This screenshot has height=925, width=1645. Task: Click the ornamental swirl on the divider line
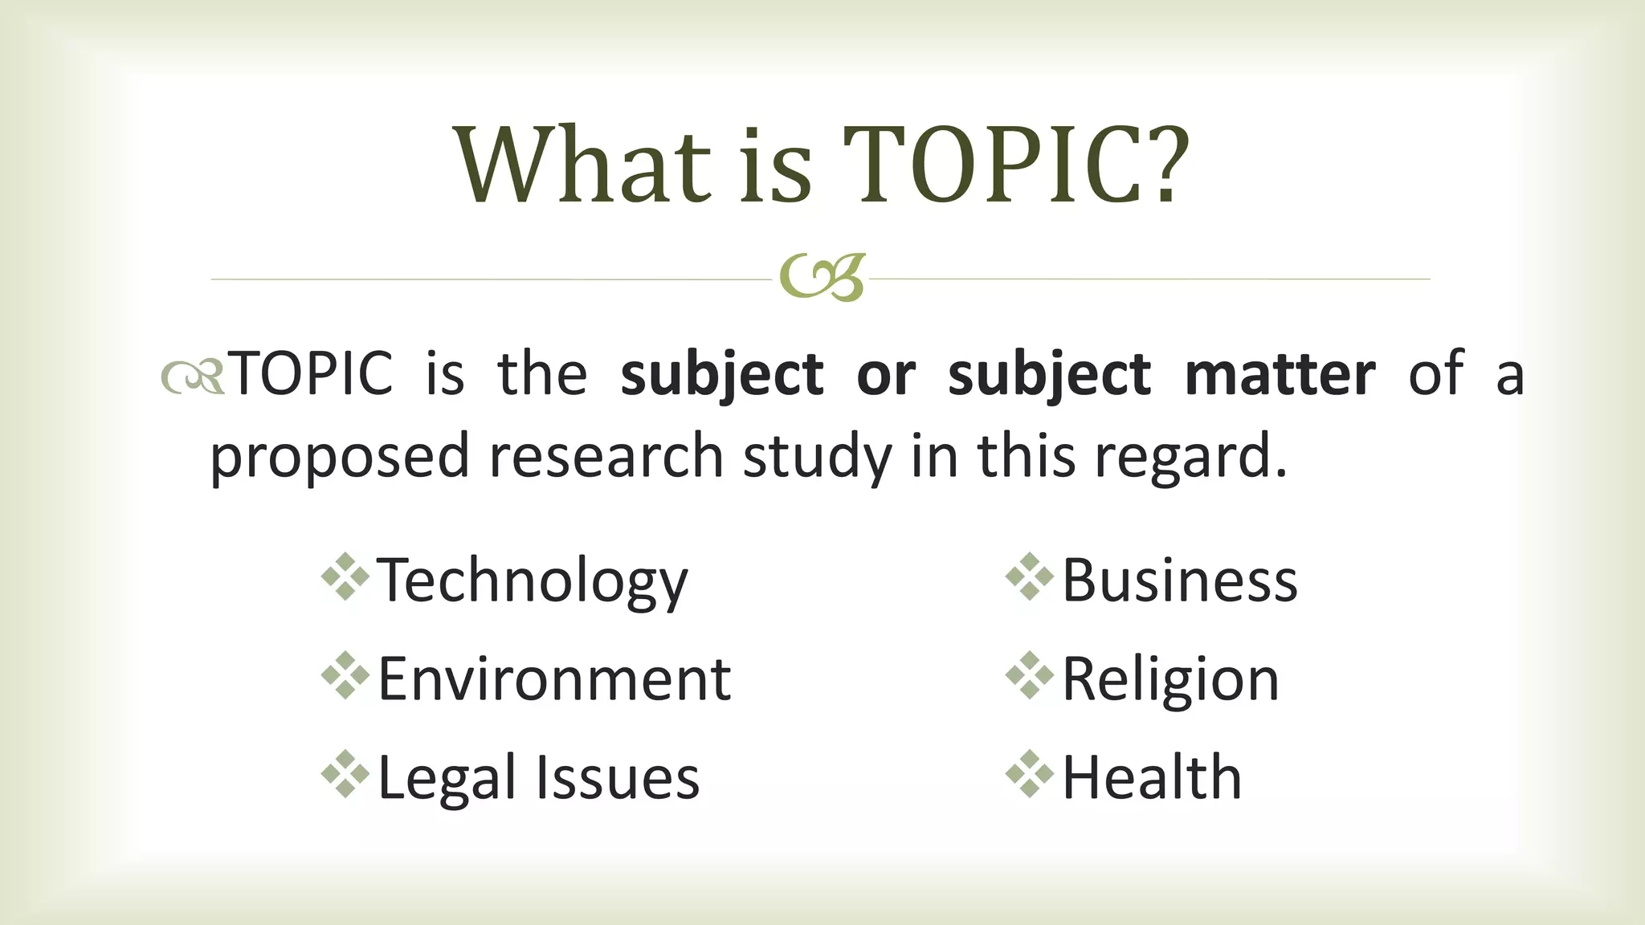tap(822, 278)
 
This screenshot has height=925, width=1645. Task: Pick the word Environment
tap(554, 679)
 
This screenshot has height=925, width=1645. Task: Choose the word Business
tap(1179, 580)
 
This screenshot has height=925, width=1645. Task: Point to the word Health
tap(1152, 777)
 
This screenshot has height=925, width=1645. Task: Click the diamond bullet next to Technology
tap(345, 577)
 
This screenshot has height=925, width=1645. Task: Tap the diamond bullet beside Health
tap(1029, 774)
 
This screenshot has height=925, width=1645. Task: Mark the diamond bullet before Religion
tap(1029, 675)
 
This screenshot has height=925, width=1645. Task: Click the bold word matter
tap(1280, 374)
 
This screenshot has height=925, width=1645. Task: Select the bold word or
tap(885, 375)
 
